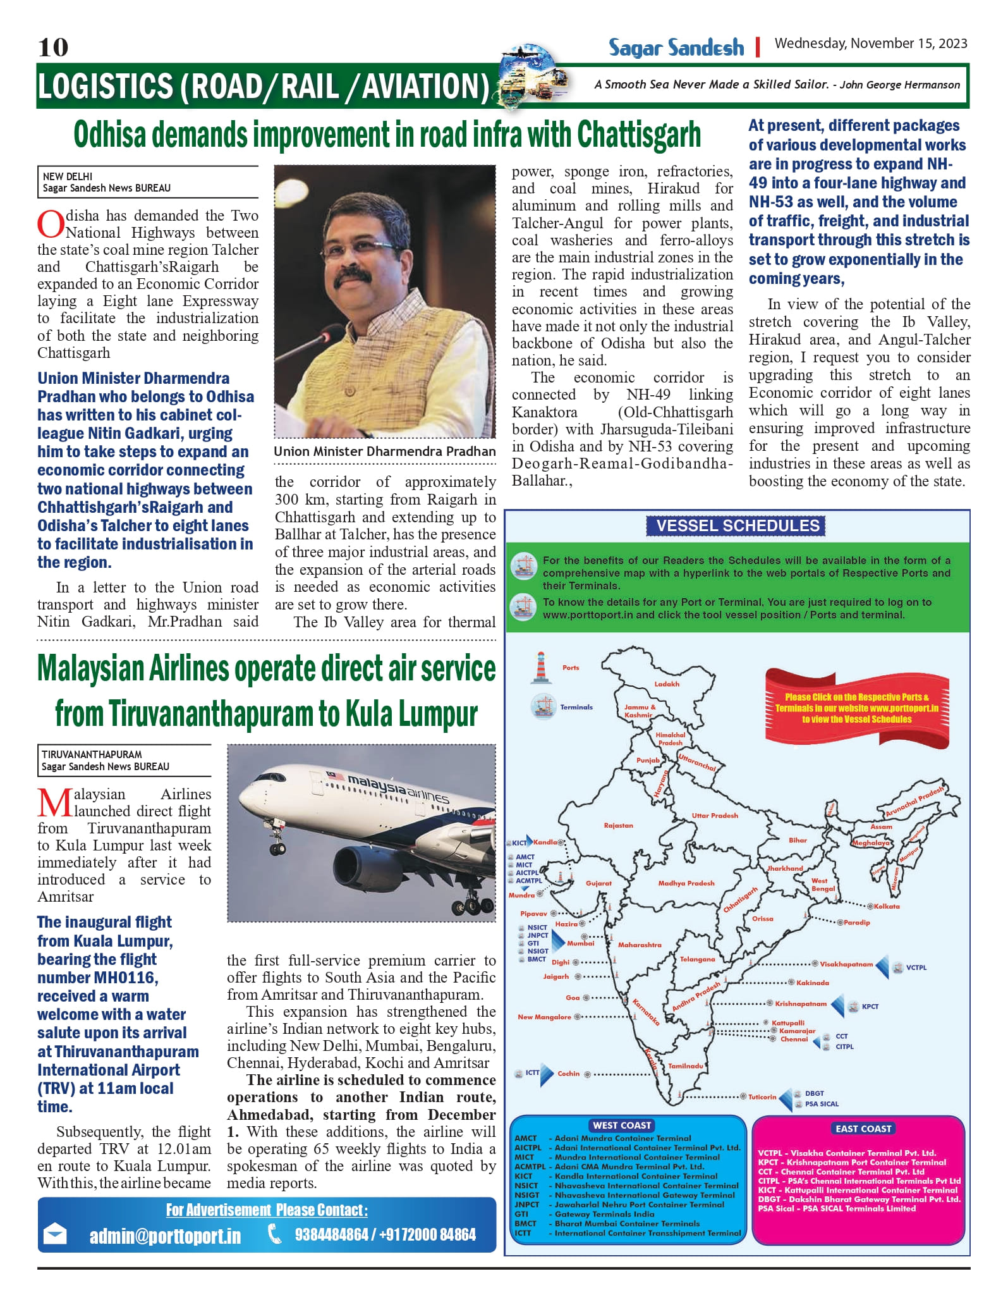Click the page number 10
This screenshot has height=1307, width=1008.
tap(53, 47)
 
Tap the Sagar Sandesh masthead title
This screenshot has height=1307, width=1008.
tap(676, 47)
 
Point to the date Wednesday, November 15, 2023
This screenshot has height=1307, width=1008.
tap(871, 44)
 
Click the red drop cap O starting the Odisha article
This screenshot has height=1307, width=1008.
tap(50, 224)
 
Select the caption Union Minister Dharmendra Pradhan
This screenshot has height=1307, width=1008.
tap(384, 451)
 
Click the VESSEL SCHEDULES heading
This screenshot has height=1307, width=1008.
tap(738, 525)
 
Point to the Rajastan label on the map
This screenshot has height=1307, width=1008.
tap(618, 826)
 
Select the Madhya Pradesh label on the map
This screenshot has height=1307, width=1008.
tap(686, 883)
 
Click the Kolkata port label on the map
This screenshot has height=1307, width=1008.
tap(887, 906)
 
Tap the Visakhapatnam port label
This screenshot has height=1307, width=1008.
tap(846, 964)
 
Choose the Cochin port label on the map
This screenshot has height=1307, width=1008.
tap(568, 1074)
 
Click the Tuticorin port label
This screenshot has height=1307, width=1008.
tap(762, 1097)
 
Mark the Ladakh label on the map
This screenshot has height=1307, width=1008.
tap(667, 684)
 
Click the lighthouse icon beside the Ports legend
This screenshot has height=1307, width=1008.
tap(540, 668)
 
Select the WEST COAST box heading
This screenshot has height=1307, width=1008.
tap(622, 1126)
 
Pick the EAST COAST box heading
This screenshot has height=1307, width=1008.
tap(863, 1129)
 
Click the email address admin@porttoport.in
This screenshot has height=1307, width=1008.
tap(165, 1236)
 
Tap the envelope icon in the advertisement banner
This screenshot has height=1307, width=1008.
tap(56, 1234)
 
